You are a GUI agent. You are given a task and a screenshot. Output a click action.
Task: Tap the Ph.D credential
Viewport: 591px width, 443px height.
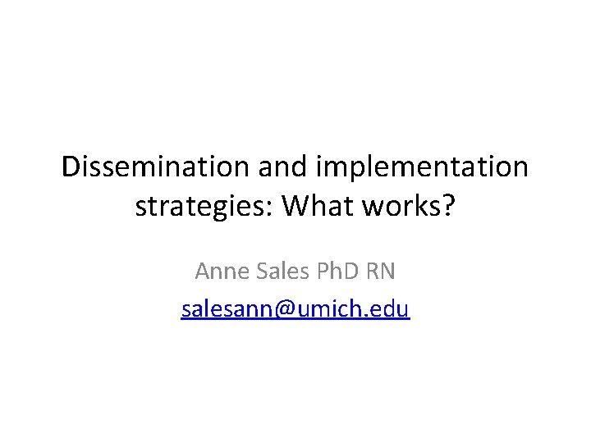click(x=340, y=270)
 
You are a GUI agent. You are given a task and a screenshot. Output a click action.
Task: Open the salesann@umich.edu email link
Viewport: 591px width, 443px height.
click(x=295, y=309)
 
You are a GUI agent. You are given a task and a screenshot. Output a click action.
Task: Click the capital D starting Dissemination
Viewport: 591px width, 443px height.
click(x=72, y=167)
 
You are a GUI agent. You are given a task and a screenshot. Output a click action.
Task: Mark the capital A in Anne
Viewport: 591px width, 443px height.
click(x=202, y=270)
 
